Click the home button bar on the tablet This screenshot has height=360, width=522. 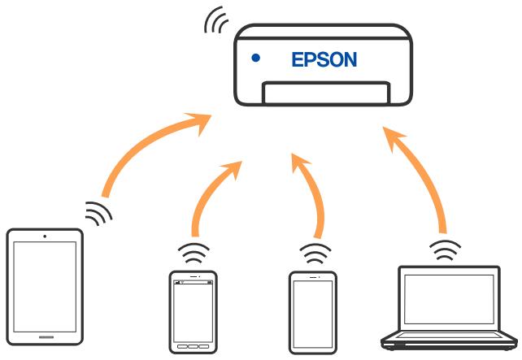tap(45, 335)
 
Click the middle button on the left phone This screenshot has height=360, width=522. tap(192, 345)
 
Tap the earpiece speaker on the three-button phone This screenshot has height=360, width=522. tap(192, 277)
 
